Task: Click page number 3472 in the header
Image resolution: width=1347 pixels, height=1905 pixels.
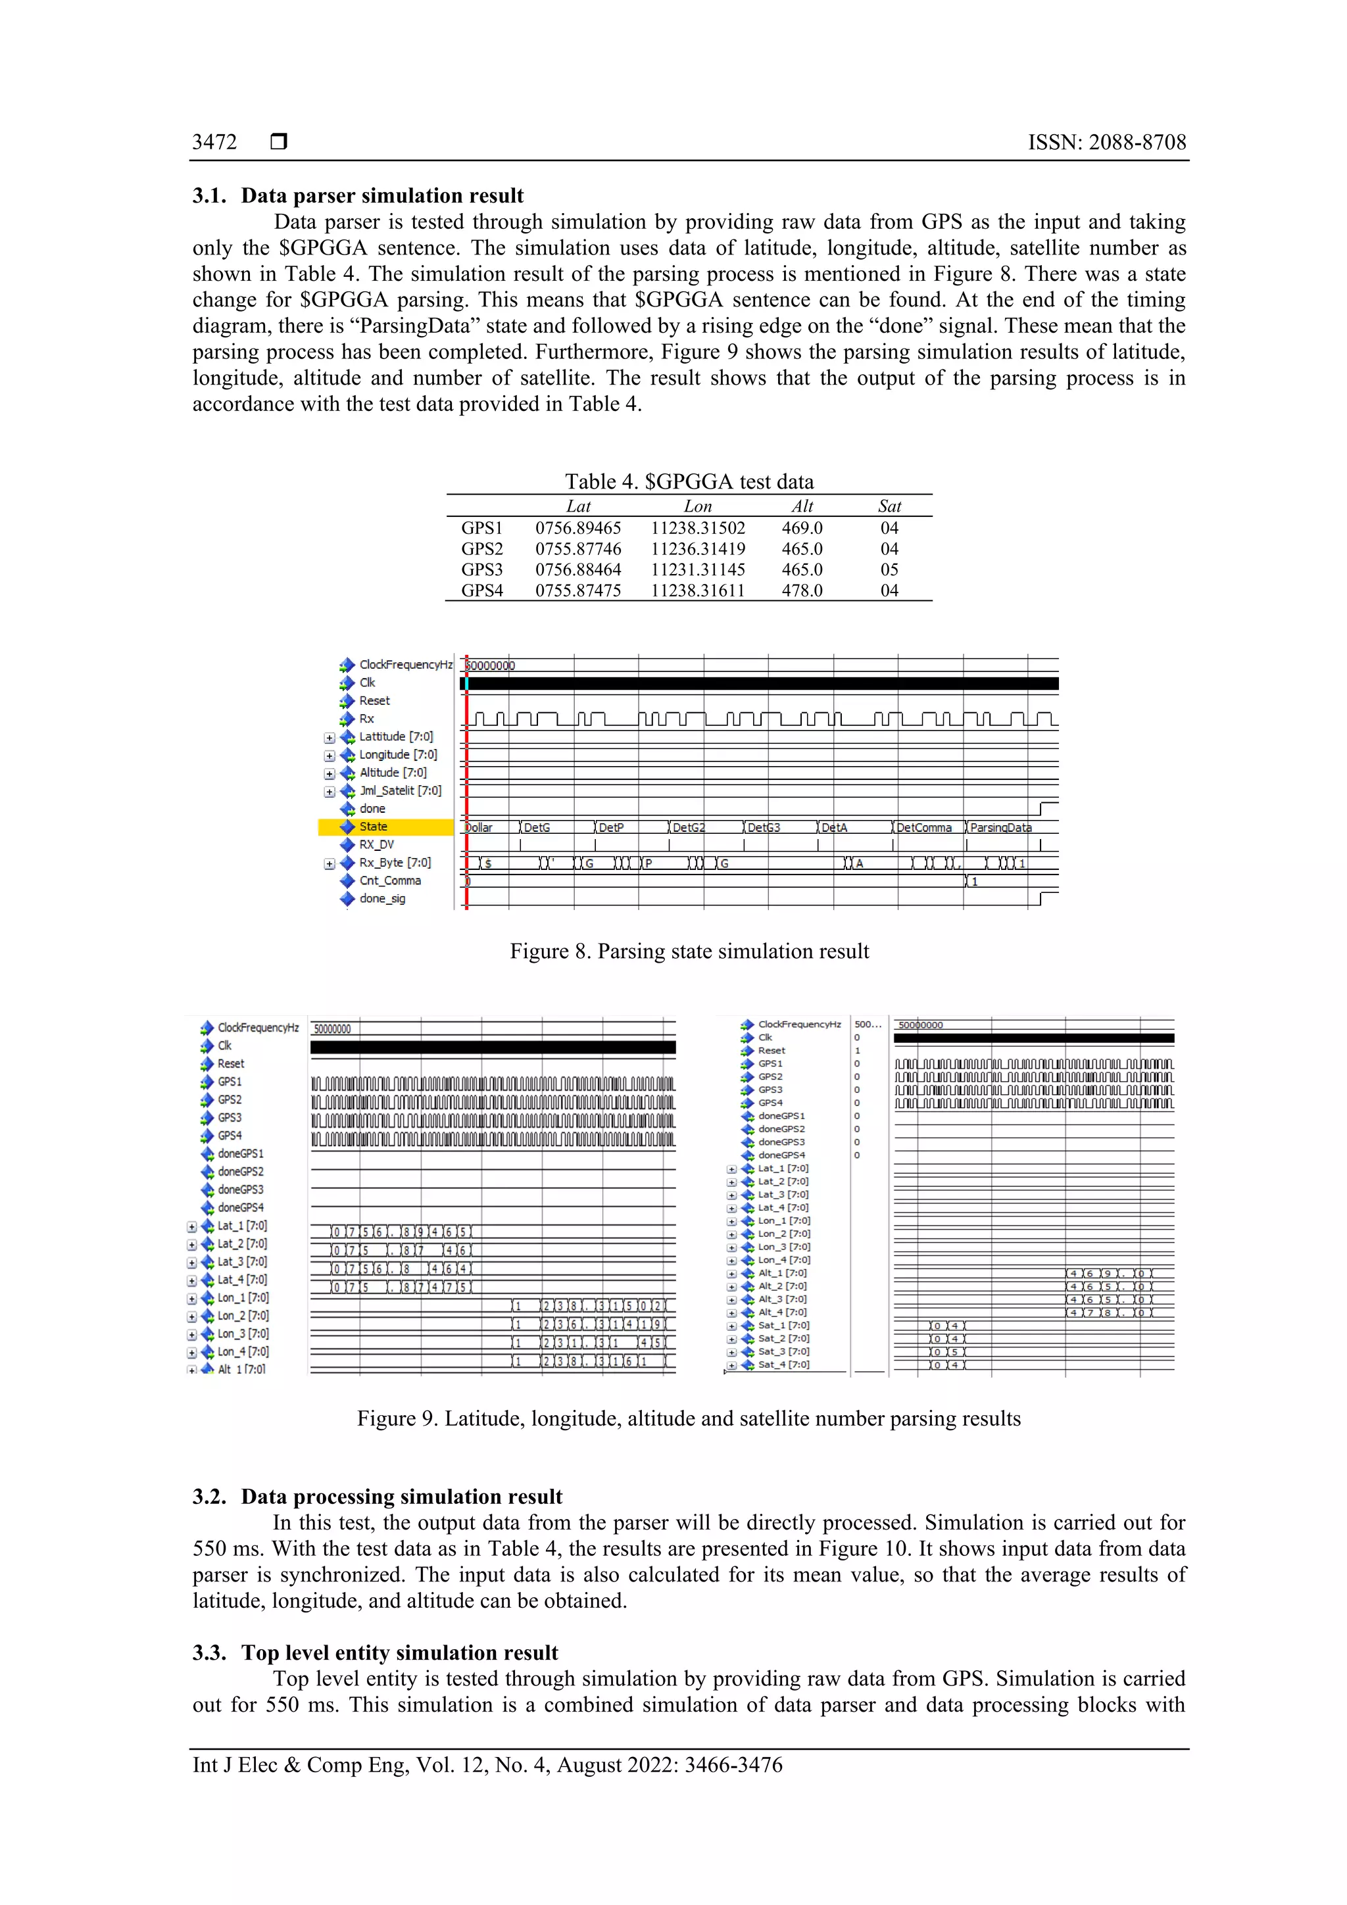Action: pos(214,142)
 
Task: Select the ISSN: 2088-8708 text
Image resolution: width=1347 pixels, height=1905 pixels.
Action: pos(1106,142)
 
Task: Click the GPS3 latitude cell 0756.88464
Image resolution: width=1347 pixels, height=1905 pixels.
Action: pos(577,569)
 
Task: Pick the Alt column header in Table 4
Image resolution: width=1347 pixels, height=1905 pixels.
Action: pos(802,506)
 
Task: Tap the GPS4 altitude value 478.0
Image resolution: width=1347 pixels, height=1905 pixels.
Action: pos(802,590)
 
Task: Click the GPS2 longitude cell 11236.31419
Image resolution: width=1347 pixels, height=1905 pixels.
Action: pos(697,548)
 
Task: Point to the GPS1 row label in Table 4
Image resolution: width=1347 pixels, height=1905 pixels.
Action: pos(482,527)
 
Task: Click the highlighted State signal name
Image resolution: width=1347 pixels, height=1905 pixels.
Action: pos(373,827)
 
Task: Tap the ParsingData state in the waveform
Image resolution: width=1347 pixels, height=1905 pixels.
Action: pos(1000,827)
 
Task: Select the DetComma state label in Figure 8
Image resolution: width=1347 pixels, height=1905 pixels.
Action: pos(923,827)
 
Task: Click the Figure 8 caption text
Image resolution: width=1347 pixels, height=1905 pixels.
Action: pos(689,951)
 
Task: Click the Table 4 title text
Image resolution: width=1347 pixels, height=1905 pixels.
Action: pos(689,481)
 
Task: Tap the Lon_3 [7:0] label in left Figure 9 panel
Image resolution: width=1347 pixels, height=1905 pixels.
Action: pos(242,1334)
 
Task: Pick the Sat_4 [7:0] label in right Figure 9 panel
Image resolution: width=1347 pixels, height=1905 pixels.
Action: pos(783,1364)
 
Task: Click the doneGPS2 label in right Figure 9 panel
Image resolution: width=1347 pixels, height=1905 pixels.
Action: pos(781,1128)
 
